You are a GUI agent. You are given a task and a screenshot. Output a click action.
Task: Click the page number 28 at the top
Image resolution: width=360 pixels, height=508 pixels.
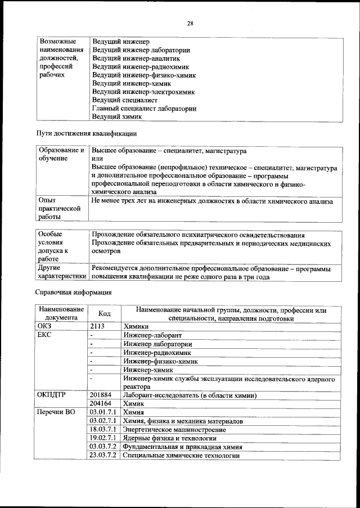point(190,23)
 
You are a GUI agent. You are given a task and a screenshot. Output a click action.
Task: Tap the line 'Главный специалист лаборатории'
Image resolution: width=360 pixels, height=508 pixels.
point(144,109)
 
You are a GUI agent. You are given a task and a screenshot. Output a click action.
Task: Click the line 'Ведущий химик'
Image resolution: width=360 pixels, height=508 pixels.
point(116,117)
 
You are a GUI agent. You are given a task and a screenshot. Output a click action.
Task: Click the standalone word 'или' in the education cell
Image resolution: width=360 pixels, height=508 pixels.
point(97,159)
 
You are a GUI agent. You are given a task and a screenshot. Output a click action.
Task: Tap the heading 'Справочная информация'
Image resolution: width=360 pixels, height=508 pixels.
point(74,292)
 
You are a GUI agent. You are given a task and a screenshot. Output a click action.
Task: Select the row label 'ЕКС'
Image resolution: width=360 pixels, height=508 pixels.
point(44,335)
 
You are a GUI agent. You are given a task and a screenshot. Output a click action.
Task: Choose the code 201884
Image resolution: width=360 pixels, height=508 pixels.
point(101,395)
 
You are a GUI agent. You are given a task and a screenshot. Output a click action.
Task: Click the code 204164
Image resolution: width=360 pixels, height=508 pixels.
point(101,404)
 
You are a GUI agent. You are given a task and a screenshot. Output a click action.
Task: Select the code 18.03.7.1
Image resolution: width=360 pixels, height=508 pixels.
point(102,429)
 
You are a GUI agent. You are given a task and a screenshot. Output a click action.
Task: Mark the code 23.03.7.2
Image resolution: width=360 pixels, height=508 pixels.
point(102,455)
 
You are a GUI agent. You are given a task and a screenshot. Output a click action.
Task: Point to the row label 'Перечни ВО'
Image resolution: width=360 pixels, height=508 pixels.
point(56,412)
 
